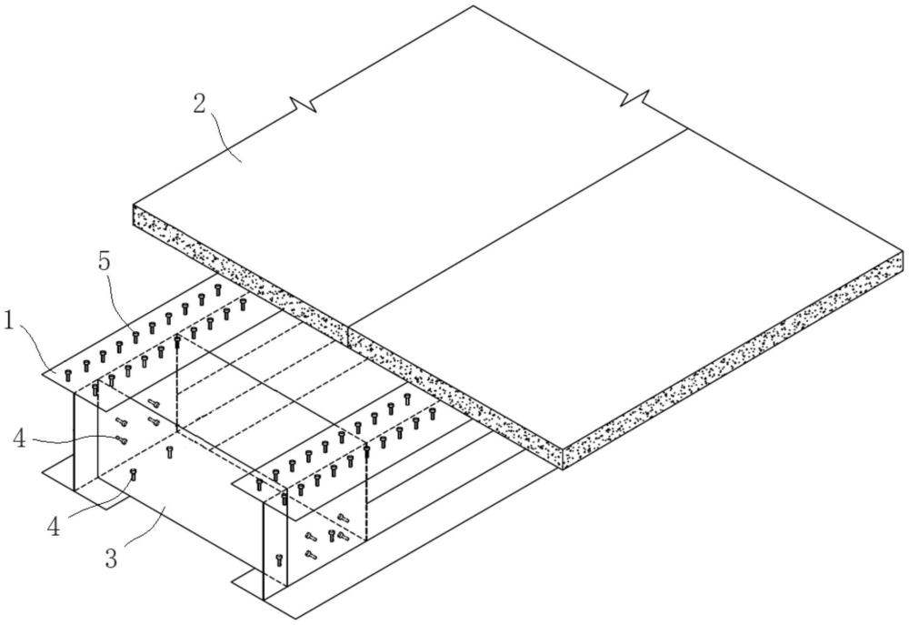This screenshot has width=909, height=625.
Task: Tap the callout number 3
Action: pyautogui.click(x=110, y=557)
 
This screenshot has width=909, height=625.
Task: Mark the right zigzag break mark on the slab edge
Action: pyautogui.click(x=639, y=96)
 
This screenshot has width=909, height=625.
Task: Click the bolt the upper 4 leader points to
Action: pyautogui.click(x=121, y=440)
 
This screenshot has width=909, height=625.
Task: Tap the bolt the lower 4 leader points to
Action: pyautogui.click(x=135, y=472)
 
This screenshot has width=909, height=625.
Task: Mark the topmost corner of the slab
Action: pyautogui.click(x=474, y=6)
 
